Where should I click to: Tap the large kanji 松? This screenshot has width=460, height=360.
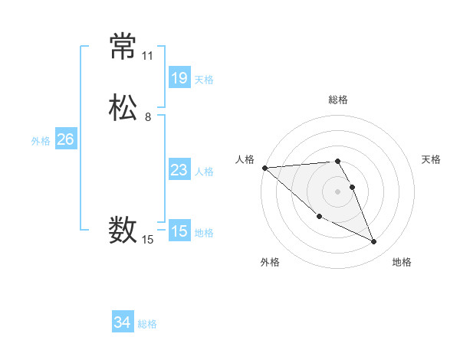[x=123, y=107]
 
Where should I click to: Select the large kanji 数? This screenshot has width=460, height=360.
[x=123, y=229]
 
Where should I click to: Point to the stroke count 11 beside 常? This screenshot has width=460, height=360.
[x=148, y=56]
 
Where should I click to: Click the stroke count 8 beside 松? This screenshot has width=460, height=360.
[x=148, y=117]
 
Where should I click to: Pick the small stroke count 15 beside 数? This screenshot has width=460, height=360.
[x=148, y=240]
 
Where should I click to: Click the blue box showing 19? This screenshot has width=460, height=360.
[x=179, y=77]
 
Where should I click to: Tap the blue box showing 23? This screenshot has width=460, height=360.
[x=179, y=170]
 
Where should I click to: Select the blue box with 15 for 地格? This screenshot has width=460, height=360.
[x=179, y=231]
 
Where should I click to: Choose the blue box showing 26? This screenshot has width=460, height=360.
[x=65, y=139]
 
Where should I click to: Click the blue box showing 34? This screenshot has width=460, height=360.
[x=122, y=322]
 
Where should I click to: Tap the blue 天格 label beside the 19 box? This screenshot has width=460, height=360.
[x=204, y=79]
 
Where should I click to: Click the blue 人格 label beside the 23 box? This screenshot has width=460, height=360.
[x=204, y=172]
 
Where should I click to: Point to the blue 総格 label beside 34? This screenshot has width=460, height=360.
[x=147, y=324]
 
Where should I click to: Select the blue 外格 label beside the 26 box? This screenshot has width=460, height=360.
[x=41, y=141]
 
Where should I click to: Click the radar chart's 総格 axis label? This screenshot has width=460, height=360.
[x=338, y=100]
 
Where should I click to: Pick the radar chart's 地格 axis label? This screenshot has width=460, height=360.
[x=402, y=262]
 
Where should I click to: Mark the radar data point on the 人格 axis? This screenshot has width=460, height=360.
[x=264, y=168]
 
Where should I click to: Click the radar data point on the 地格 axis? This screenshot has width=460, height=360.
[x=374, y=242]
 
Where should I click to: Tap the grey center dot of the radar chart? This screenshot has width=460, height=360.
[x=338, y=191]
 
